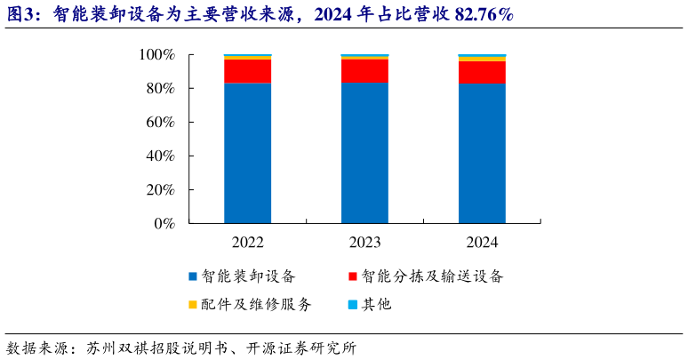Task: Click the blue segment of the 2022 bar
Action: pos(247,153)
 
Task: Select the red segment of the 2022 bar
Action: pos(247,71)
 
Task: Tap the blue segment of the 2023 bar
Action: pos(364,153)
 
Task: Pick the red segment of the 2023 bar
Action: pos(364,71)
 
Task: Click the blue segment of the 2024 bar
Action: pos(482,153)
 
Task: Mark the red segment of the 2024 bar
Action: pos(482,73)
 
